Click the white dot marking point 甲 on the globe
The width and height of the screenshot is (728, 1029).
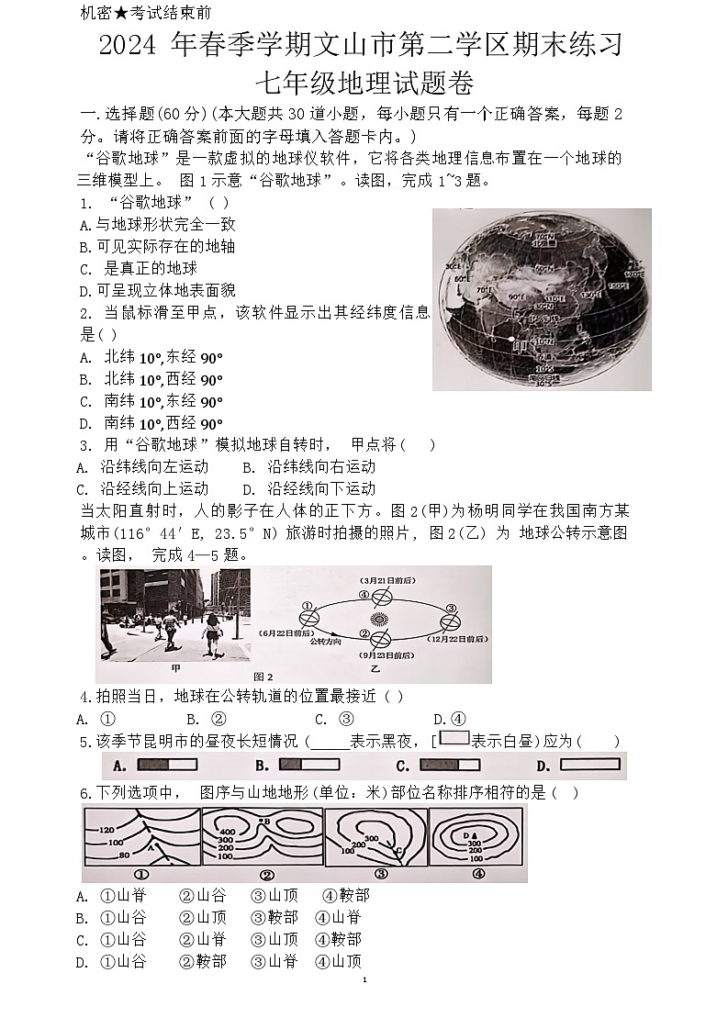click(x=511, y=340)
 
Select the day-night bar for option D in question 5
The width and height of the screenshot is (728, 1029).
click(x=590, y=765)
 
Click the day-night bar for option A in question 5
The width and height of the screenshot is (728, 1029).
click(x=167, y=765)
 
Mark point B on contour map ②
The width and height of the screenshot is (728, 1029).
click(x=264, y=820)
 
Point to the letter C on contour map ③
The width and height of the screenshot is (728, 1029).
click(x=398, y=852)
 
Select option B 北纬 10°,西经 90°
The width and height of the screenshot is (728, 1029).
click(x=151, y=380)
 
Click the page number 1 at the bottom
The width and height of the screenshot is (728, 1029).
click(x=364, y=980)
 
